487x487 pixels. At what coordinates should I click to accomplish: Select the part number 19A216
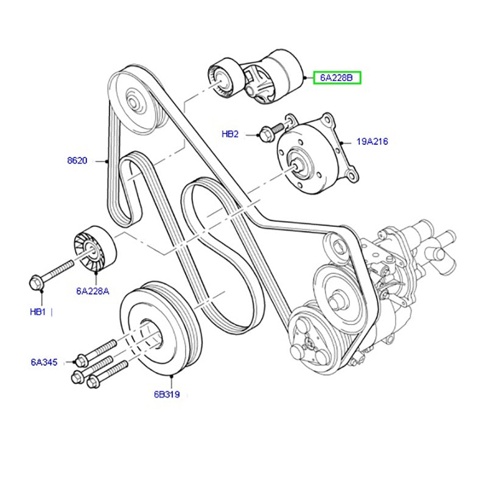click(x=372, y=141)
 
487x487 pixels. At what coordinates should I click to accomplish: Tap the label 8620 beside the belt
click(x=77, y=161)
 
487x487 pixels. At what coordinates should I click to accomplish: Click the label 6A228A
click(x=93, y=291)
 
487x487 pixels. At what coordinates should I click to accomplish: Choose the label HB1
click(x=38, y=312)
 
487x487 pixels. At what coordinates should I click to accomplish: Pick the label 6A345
click(x=44, y=362)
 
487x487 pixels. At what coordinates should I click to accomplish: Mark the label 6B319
click(x=166, y=394)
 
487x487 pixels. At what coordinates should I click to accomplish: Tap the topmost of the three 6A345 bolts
click(x=97, y=350)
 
